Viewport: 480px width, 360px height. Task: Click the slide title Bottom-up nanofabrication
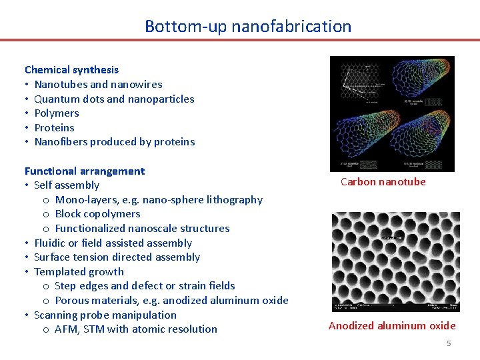(x=248, y=27)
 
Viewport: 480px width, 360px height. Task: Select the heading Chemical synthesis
(x=71, y=69)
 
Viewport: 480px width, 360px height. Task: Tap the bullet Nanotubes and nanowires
(x=98, y=84)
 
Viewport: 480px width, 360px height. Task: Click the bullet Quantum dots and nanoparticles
(x=114, y=99)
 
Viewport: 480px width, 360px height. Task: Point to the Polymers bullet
(x=57, y=113)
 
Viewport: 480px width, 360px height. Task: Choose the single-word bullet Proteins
(x=54, y=127)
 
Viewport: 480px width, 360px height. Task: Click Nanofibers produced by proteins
(x=114, y=141)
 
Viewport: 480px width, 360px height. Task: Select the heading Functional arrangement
(x=85, y=171)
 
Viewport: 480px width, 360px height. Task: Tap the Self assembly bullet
(x=67, y=185)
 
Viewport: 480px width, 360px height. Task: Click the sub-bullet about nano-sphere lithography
(x=159, y=199)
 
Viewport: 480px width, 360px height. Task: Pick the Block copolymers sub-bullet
(x=97, y=213)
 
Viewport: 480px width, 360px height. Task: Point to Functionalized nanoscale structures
(x=142, y=228)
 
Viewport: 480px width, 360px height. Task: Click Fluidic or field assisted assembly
(x=113, y=243)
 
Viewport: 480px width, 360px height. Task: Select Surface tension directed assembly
(x=117, y=257)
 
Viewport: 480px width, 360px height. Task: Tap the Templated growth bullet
(x=79, y=271)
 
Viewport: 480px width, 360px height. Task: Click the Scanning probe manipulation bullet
(x=105, y=315)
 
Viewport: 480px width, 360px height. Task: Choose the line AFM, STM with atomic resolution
(x=136, y=329)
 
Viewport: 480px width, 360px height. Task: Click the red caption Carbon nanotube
(x=383, y=181)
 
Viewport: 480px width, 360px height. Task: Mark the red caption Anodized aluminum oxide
(x=392, y=325)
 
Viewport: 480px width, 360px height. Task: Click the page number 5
(x=449, y=343)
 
